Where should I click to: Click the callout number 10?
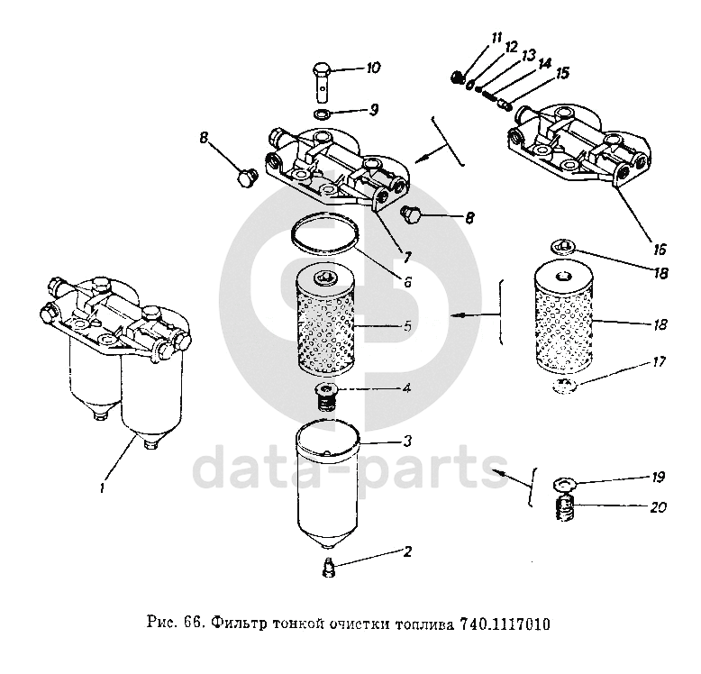pos(373,68)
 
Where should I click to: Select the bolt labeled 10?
pos(322,82)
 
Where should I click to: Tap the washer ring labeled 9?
pos(322,114)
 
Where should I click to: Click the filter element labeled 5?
pos(325,321)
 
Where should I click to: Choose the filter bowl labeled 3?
pos(327,487)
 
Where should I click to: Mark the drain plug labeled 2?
pos(329,567)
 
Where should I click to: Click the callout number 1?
pos(103,487)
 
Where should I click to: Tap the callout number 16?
pos(660,250)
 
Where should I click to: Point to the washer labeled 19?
pos(565,484)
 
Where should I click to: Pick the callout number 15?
pos(562,73)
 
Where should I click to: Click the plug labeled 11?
pos(457,77)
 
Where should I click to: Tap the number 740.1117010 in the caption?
pos(505,624)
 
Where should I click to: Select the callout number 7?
pos(407,258)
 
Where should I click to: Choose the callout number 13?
pos(528,56)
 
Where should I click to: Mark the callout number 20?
pos(658,506)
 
